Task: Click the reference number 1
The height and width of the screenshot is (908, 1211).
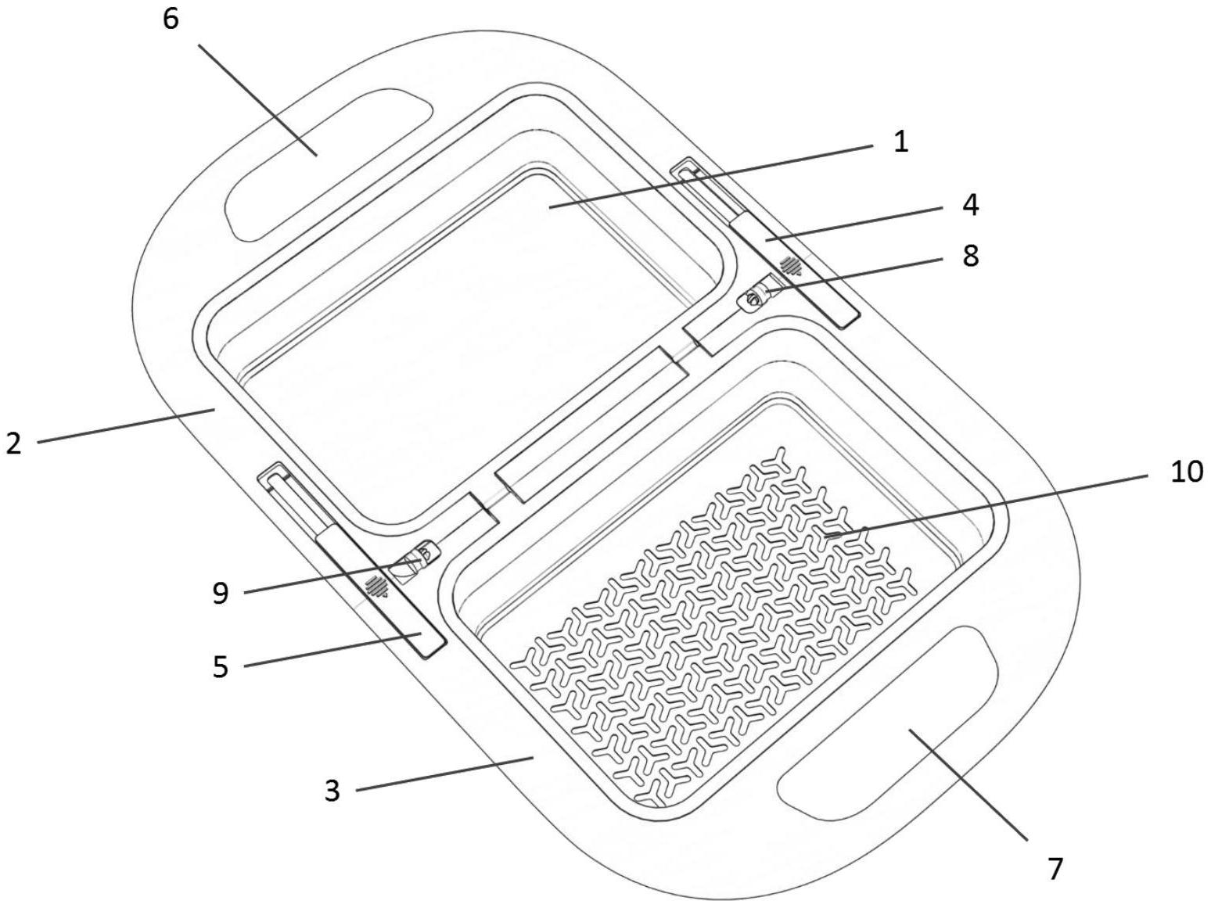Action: (x=900, y=142)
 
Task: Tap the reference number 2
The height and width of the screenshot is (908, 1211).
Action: (x=14, y=443)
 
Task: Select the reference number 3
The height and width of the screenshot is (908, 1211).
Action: (x=332, y=791)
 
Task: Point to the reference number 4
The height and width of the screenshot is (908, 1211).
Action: (x=971, y=205)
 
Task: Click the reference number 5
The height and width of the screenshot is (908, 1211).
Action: (x=220, y=666)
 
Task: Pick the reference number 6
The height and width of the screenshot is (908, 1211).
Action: (x=171, y=20)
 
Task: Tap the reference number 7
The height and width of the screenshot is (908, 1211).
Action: (x=1055, y=870)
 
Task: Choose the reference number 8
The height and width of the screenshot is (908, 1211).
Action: (x=971, y=256)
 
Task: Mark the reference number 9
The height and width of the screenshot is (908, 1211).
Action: (x=220, y=593)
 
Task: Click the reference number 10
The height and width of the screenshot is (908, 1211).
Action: (x=1186, y=472)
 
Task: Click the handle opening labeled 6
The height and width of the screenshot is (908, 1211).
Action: (x=329, y=164)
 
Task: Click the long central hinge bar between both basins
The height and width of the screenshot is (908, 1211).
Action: (x=592, y=424)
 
